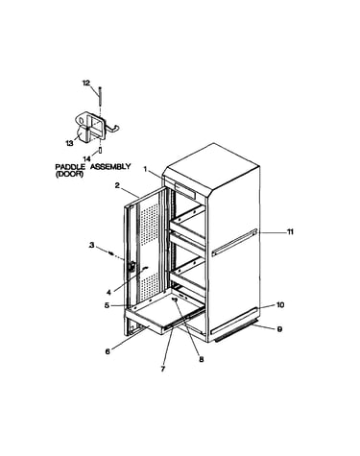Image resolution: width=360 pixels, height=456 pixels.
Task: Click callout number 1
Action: (x=145, y=169)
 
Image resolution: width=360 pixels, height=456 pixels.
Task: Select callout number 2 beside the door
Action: (x=117, y=185)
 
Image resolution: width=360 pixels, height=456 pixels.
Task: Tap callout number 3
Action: (x=92, y=246)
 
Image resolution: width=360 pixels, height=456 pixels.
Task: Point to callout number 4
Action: (x=108, y=292)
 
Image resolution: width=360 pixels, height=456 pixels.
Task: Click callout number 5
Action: (x=107, y=305)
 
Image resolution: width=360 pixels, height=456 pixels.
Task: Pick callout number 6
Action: (x=108, y=351)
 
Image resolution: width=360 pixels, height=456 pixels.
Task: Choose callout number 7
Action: (x=162, y=369)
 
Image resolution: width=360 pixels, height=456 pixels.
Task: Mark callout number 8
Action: (x=202, y=359)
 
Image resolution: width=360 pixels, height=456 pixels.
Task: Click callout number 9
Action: (x=279, y=329)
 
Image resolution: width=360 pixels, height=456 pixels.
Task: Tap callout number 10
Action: (x=280, y=305)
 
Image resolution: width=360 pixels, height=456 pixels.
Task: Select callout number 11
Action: (x=290, y=232)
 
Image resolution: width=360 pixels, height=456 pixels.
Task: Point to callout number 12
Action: (x=86, y=84)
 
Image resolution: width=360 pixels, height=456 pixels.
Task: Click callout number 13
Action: (x=70, y=143)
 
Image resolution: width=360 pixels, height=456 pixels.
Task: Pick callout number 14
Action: (x=86, y=158)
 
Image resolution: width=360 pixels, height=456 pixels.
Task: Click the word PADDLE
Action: (x=70, y=167)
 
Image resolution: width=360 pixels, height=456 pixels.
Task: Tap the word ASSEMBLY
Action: (x=110, y=167)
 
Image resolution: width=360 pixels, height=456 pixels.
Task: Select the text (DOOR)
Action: (x=69, y=174)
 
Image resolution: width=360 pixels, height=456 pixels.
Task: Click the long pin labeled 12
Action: (x=100, y=98)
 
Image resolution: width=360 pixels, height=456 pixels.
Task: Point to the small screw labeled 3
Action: (x=111, y=253)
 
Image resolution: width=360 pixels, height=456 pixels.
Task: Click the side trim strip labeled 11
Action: (x=235, y=242)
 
